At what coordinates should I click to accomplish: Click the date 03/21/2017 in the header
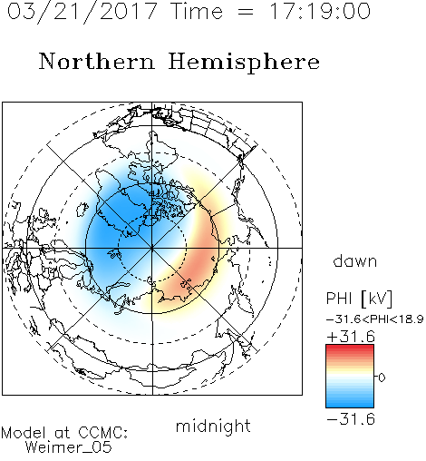pos(82,12)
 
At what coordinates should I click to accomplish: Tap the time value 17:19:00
pos(320,11)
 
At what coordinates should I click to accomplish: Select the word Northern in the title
pos(97,61)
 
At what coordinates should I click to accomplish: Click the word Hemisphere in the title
pos(244,63)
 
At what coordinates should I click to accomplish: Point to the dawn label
pos(355,261)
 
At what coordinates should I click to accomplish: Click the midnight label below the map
pos(213,426)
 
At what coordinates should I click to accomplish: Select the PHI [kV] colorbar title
pos(359,299)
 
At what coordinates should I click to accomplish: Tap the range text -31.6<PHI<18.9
pos(375,319)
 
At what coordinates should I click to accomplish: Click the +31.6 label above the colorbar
pos(351,337)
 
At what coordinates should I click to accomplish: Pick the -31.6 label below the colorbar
pos(351,419)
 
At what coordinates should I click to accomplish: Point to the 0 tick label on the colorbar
pos(382,378)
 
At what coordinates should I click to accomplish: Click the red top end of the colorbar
pos(350,348)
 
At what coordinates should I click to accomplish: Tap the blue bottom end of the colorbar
pos(350,405)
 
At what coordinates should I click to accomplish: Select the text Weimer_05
pos(69,447)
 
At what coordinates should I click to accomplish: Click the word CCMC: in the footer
pos(103,433)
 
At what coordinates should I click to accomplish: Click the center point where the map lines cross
pos(152,248)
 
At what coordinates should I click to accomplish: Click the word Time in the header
pos(197,11)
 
